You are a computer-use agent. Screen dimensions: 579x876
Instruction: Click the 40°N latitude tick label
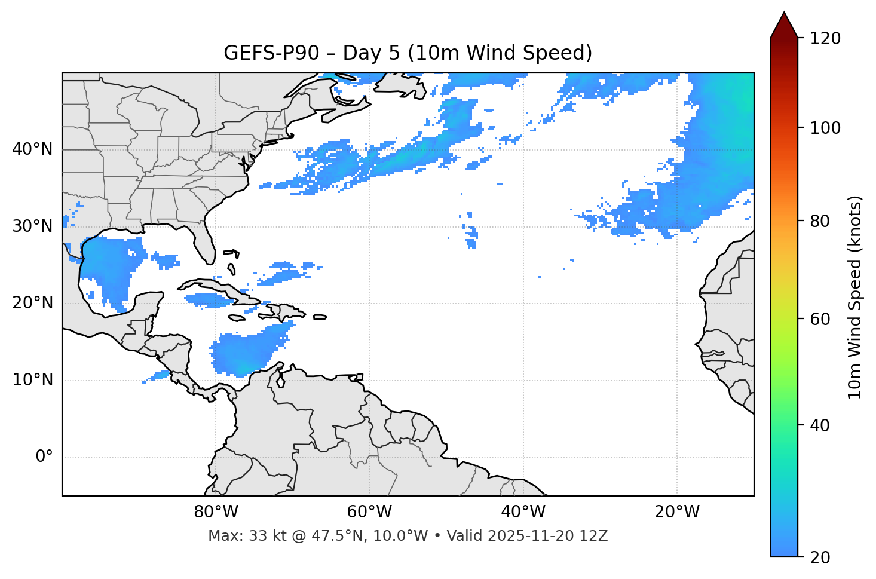(x=32, y=149)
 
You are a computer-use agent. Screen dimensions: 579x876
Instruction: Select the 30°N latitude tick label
(x=32, y=226)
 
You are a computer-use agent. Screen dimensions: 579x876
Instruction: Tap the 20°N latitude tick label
(x=32, y=303)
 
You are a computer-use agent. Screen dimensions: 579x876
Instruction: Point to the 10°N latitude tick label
(x=32, y=380)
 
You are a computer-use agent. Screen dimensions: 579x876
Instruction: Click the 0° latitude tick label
(x=44, y=457)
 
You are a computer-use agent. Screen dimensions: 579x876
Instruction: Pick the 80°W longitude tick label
(x=216, y=512)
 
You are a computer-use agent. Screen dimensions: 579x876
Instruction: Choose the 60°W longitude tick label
(x=369, y=512)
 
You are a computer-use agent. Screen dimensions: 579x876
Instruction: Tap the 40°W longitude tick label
(x=523, y=512)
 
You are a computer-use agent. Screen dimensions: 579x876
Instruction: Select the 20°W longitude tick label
(x=677, y=512)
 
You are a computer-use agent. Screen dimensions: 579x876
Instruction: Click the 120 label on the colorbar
(x=825, y=39)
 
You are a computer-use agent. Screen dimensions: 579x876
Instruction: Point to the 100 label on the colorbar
(x=825, y=128)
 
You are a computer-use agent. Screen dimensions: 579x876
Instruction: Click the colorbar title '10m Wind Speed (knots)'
(x=855, y=297)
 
